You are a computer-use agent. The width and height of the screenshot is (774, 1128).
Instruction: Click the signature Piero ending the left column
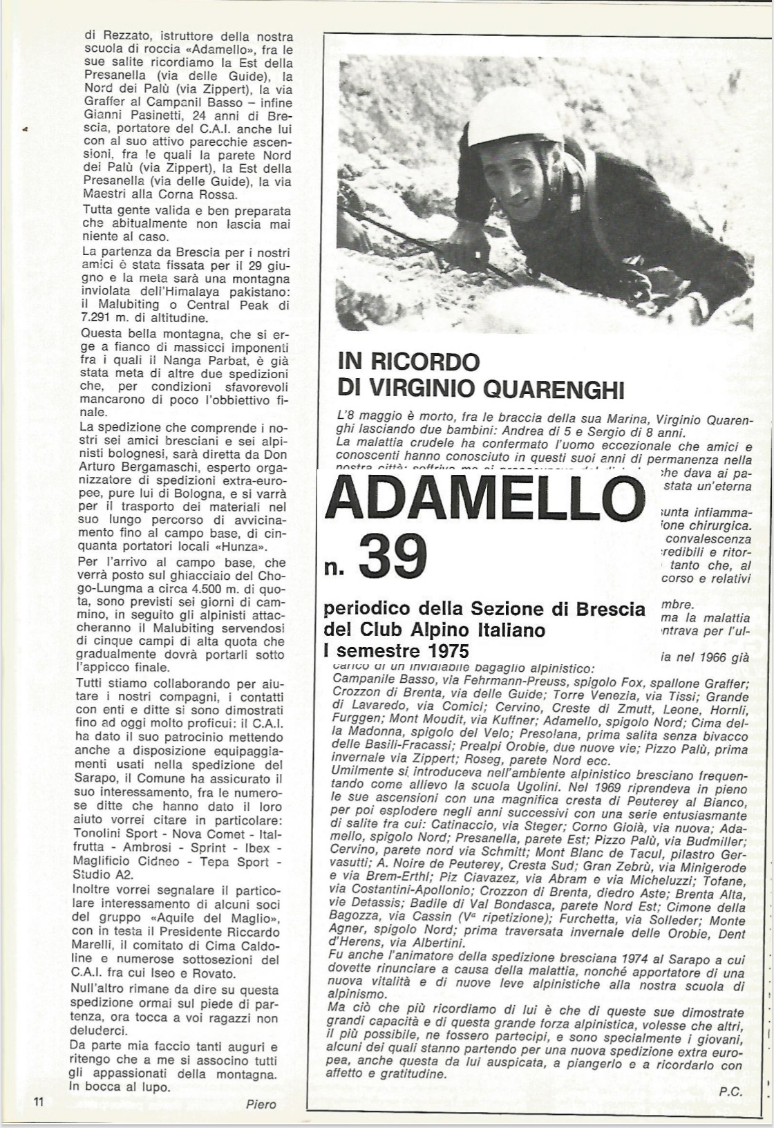tap(261, 1104)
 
